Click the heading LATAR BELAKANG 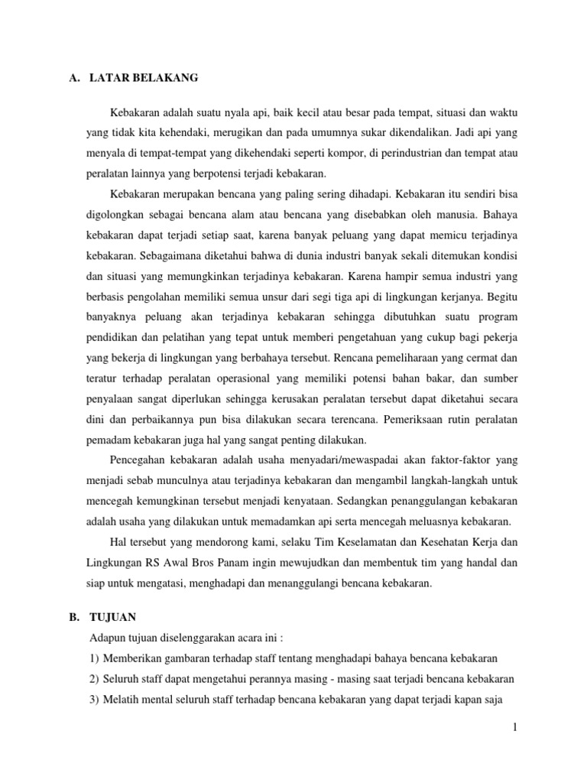coord(144,77)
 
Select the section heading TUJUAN coord(112,616)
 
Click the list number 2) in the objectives coord(95,679)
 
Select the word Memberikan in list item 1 coord(134,658)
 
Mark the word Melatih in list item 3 coord(123,700)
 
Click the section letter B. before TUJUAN coord(74,616)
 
